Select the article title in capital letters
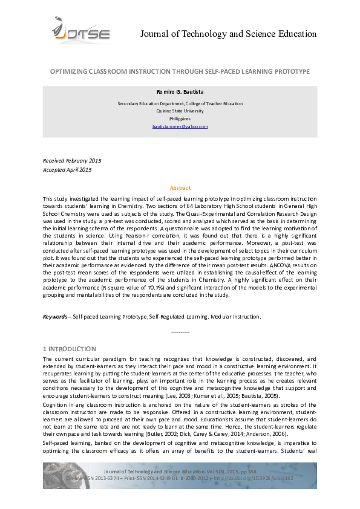(x=180, y=71)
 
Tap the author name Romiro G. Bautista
(x=180, y=92)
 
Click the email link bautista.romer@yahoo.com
(x=180, y=126)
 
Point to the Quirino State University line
(x=180, y=111)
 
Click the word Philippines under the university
(x=180, y=119)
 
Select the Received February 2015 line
(x=72, y=161)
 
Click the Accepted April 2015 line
(x=67, y=170)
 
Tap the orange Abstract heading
(x=180, y=188)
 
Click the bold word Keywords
(x=55, y=317)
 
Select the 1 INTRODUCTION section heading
(x=69, y=349)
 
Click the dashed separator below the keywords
(x=180, y=332)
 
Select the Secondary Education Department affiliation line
(x=180, y=104)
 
